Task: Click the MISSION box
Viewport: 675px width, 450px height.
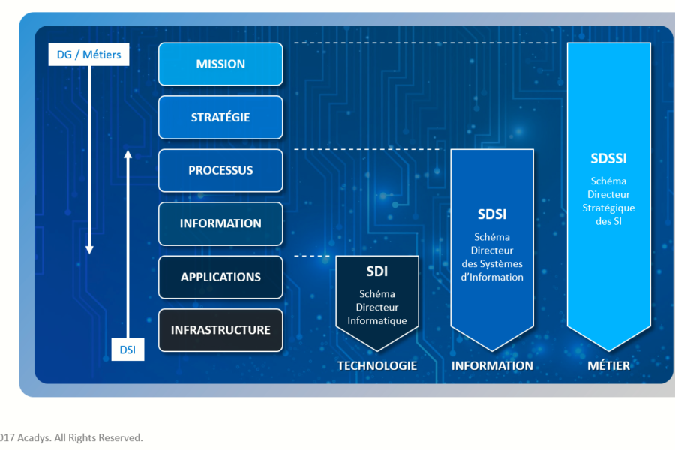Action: (x=220, y=64)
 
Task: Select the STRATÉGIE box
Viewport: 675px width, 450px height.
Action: (x=220, y=117)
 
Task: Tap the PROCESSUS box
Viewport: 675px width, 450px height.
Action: (x=220, y=170)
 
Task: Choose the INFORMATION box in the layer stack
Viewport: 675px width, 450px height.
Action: (x=220, y=223)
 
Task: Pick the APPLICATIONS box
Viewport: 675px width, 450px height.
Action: (x=220, y=277)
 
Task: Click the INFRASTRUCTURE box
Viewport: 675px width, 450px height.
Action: (x=220, y=330)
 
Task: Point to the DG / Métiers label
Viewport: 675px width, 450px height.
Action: (x=88, y=54)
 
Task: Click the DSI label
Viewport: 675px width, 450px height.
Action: (x=127, y=349)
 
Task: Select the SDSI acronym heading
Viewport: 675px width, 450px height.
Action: (x=492, y=214)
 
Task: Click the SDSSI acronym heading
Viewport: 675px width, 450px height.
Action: (x=608, y=159)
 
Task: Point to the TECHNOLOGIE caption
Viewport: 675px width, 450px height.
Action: (x=376, y=366)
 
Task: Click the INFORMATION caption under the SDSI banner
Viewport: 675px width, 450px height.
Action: (x=492, y=366)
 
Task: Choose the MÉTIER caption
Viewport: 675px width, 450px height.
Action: (x=608, y=366)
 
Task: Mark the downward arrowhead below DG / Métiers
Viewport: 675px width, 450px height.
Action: (x=89, y=249)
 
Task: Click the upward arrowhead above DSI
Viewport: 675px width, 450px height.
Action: (x=127, y=155)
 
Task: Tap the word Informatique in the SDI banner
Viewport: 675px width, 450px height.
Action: (x=376, y=321)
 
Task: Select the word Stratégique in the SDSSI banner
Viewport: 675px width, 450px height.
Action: (x=608, y=208)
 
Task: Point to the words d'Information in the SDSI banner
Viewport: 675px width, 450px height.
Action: (x=492, y=277)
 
